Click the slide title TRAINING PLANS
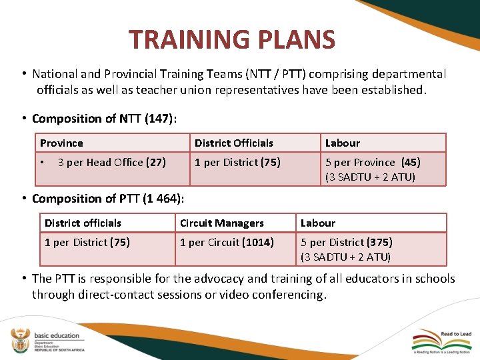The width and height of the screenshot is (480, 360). tap(232, 40)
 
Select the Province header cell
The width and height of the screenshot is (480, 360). tap(61, 143)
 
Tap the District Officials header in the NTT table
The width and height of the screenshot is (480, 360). tap(234, 143)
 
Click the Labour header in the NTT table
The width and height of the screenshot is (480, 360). tap(342, 143)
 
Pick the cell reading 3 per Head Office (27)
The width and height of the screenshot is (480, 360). tap(111, 162)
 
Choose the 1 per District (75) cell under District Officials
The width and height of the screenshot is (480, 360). tap(237, 162)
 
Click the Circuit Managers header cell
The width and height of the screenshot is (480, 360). tap(222, 223)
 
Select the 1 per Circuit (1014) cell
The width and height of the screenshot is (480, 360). tap(227, 242)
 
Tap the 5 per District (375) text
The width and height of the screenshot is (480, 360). tap(346, 242)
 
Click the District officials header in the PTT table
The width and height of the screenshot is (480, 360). tap(83, 223)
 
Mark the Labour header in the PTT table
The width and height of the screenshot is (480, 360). tap(318, 223)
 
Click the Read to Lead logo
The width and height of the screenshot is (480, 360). tap(443, 341)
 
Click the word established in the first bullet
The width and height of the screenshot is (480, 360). tap(392, 90)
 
